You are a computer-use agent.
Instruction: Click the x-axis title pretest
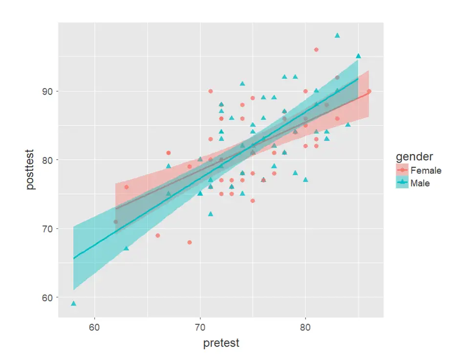tap(221, 343)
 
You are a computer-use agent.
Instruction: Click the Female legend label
tap(426, 171)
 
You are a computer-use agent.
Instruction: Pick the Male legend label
tap(420, 183)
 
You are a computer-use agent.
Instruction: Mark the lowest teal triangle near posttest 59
tap(73, 303)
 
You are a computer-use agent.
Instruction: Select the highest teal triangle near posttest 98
tap(337, 35)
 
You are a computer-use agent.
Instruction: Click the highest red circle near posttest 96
tap(316, 50)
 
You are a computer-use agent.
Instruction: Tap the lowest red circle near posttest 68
tap(190, 243)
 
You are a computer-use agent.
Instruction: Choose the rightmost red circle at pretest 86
tap(369, 91)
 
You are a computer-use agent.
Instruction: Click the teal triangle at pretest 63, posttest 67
tap(126, 248)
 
